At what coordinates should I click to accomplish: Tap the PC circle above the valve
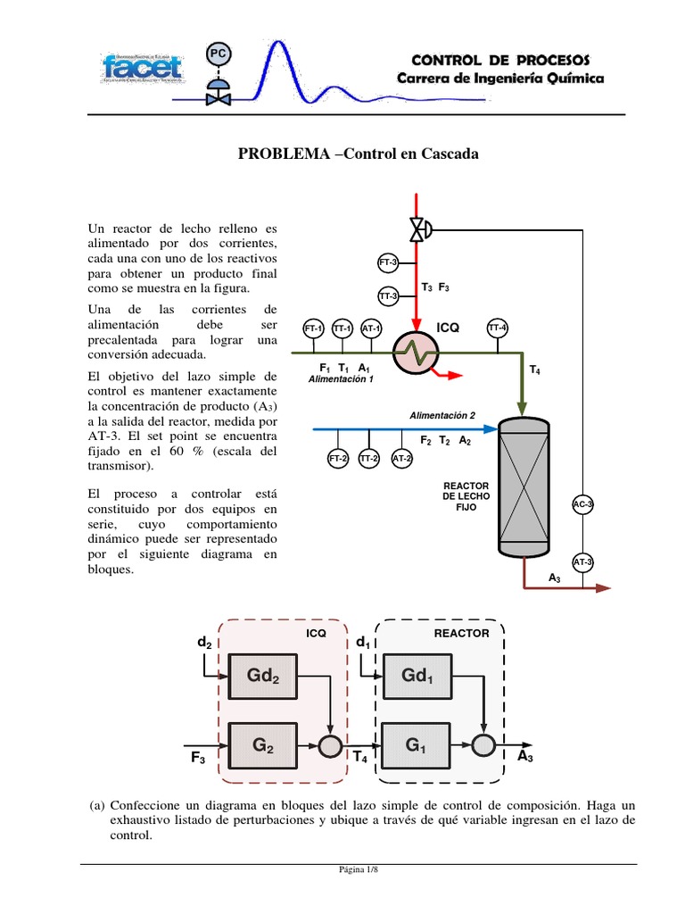click(x=218, y=54)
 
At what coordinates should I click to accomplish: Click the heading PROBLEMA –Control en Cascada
click(x=358, y=154)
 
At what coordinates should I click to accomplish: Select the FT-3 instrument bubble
click(x=388, y=263)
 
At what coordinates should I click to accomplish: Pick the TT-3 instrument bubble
click(x=388, y=295)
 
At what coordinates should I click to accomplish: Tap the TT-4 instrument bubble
click(x=498, y=328)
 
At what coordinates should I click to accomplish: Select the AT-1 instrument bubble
click(x=372, y=328)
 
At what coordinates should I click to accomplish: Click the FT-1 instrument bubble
click(x=314, y=328)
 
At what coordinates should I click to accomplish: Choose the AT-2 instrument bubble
click(x=402, y=459)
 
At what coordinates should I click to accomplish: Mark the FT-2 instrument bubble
click(x=338, y=459)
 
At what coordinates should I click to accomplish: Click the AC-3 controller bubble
click(x=582, y=504)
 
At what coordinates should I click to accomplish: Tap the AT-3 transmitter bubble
click(x=582, y=562)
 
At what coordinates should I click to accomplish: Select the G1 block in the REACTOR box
click(x=416, y=743)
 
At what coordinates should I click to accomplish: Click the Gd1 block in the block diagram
click(x=416, y=676)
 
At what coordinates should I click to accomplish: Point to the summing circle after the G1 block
click(x=483, y=744)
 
